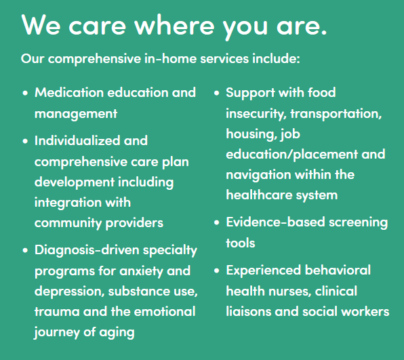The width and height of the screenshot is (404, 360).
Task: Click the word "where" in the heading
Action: click(x=174, y=25)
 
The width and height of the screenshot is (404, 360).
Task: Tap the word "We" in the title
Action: click(x=41, y=25)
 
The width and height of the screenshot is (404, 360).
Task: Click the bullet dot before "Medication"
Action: click(x=25, y=93)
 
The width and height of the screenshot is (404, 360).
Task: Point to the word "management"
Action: click(x=76, y=114)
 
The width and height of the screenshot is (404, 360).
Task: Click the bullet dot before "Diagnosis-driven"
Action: click(x=25, y=250)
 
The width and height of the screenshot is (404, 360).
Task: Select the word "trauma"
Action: click(x=57, y=311)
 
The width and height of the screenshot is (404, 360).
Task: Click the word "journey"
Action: click(x=57, y=332)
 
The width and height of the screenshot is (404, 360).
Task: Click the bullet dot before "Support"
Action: click(x=216, y=93)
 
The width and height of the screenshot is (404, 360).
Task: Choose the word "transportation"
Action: click(x=336, y=114)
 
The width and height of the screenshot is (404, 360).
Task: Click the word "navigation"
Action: click(x=258, y=175)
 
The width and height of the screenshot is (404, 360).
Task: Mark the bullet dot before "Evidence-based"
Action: click(x=216, y=222)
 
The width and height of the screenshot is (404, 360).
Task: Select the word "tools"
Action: click(x=241, y=243)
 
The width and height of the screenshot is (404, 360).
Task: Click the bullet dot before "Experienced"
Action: click(x=216, y=271)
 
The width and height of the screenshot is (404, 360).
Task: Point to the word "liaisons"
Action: click(x=248, y=311)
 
